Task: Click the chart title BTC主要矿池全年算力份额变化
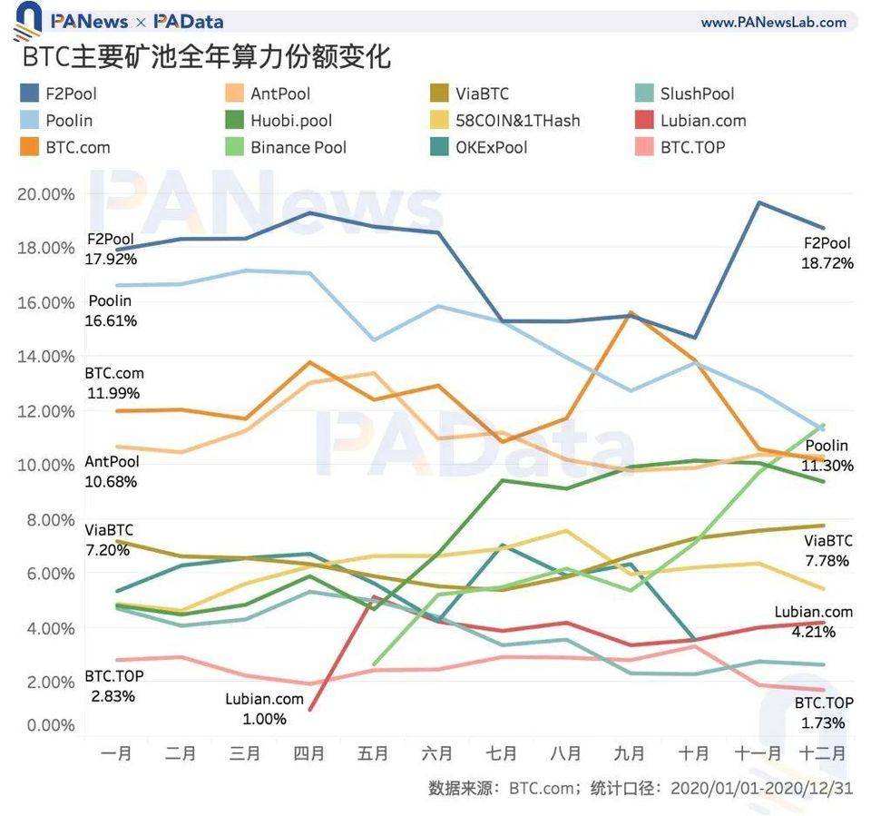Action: pyautogui.click(x=206, y=56)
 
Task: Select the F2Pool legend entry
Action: pyautogui.click(x=71, y=93)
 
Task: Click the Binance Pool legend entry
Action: pyautogui.click(x=298, y=147)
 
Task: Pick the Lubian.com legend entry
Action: pyautogui.click(x=703, y=121)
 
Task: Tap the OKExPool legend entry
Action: pyautogui.click(x=492, y=147)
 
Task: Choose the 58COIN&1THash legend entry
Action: pyautogui.click(x=517, y=121)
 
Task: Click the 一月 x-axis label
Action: pyautogui.click(x=116, y=753)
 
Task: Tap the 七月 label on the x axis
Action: pyautogui.click(x=502, y=753)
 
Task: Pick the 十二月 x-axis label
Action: pyautogui.click(x=822, y=753)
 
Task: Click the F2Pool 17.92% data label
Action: pyautogui.click(x=112, y=250)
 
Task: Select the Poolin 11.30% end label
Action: pyautogui.click(x=827, y=456)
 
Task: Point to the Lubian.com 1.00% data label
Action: pyautogui.click(x=264, y=709)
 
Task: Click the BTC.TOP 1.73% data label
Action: pyautogui.click(x=824, y=713)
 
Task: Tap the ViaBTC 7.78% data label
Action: pyautogui.click(x=827, y=551)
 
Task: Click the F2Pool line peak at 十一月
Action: pyautogui.click(x=758, y=202)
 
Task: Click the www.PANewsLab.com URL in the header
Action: pyautogui.click(x=773, y=22)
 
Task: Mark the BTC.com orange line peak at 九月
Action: pyautogui.click(x=630, y=312)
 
